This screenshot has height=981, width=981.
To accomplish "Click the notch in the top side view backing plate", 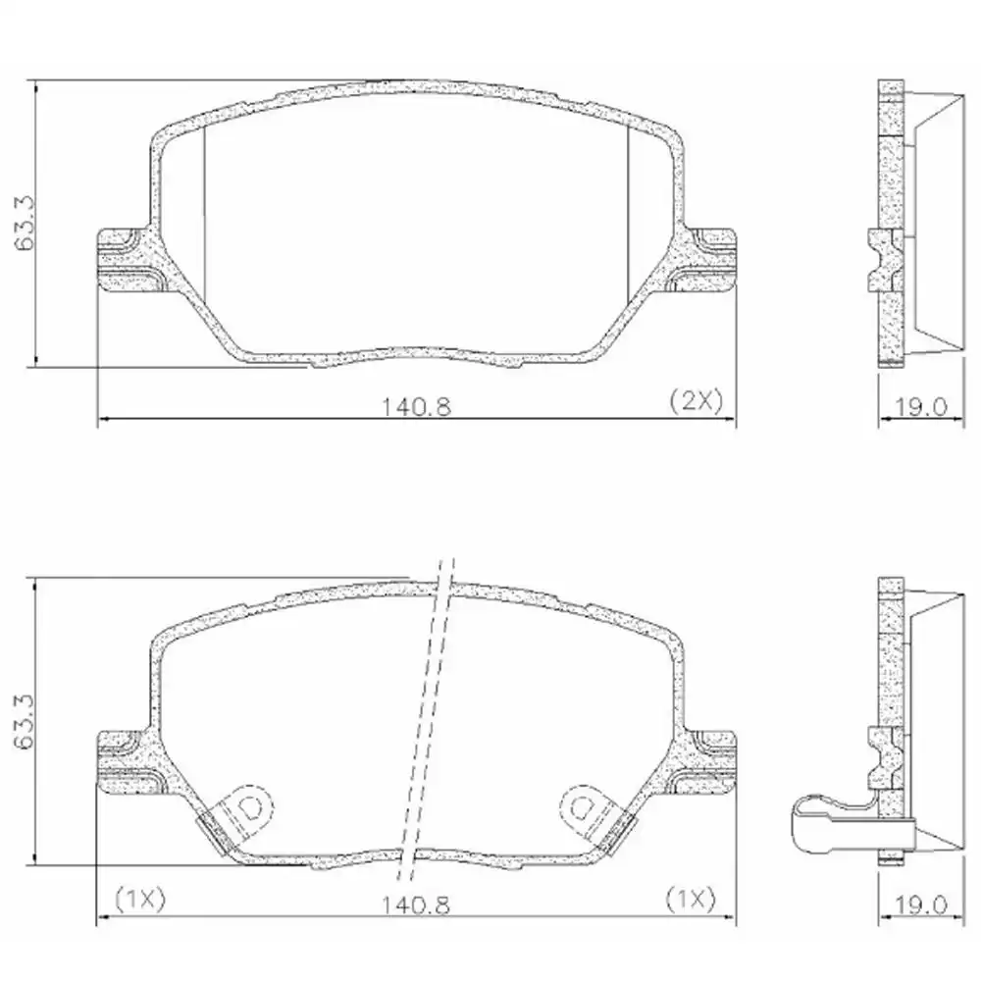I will click(x=880, y=261).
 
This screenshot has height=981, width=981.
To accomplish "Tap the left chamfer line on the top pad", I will click(x=204, y=211).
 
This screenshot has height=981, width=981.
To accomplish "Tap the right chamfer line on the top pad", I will click(x=628, y=211).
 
